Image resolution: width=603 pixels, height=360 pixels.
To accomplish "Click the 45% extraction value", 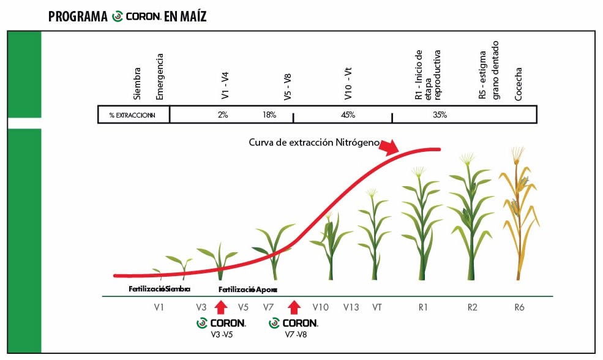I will [348, 115].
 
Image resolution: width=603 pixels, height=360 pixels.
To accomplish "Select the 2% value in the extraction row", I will [222, 115].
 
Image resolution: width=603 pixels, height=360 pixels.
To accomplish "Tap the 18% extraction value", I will [269, 115].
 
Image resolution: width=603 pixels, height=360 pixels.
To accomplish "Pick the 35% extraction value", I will [440, 115].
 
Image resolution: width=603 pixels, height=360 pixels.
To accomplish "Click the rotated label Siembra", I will [138, 84].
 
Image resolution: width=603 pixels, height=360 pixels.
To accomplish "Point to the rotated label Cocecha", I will [519, 85].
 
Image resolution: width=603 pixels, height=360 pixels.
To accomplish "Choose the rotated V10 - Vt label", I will [348, 85].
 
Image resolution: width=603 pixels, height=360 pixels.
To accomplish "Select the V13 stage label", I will [351, 307].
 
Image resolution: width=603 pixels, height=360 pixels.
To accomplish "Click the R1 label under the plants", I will [422, 307].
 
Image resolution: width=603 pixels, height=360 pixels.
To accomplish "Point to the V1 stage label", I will [159, 307].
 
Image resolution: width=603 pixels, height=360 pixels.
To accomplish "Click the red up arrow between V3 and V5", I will [222, 307].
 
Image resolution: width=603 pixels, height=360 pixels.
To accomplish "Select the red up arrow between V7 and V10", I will [294, 307].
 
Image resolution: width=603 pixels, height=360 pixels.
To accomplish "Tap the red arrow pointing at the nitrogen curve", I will [388, 147].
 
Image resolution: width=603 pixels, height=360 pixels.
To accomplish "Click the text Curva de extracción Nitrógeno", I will [314, 142].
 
